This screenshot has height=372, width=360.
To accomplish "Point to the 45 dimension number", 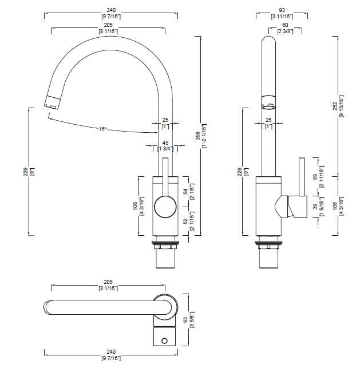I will pyautogui.click(x=165, y=143).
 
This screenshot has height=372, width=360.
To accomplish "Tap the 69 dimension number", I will pyautogui.click(x=315, y=177).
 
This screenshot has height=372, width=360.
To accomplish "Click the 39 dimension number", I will pyautogui.click(x=315, y=206).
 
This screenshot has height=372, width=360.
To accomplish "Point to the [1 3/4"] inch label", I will pyautogui.click(x=165, y=149).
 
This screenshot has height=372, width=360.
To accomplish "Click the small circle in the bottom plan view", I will pyautogui.click(x=165, y=341).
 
